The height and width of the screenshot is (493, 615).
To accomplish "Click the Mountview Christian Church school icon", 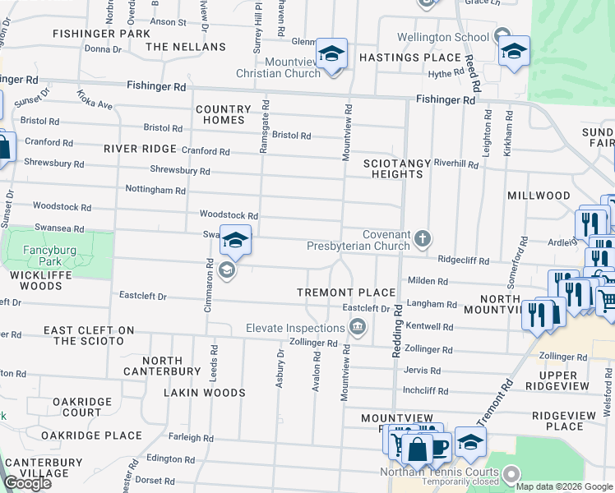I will pyautogui.click(x=331, y=55).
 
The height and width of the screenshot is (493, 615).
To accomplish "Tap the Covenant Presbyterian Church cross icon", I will pyautogui.click(x=423, y=238).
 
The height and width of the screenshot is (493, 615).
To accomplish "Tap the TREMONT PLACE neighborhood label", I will pyautogui.click(x=347, y=293).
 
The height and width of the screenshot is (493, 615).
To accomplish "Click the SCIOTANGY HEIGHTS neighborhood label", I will pyautogui.click(x=397, y=169).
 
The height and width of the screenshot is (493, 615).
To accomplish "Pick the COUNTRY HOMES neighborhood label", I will pyautogui.click(x=223, y=114).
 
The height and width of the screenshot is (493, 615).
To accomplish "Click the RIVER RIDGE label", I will pyautogui.click(x=141, y=149).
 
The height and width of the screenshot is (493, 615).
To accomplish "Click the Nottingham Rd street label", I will pyautogui.click(x=155, y=190).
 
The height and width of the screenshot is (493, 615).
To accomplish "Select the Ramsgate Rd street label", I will pyautogui.click(x=265, y=127).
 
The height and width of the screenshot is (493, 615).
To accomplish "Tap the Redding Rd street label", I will pyautogui.click(x=396, y=330).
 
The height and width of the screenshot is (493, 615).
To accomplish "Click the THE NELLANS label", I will pyautogui.click(x=186, y=47).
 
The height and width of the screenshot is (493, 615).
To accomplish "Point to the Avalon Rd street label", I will pyautogui.click(x=316, y=370).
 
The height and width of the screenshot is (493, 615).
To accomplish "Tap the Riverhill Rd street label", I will pyautogui.click(x=456, y=164).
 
